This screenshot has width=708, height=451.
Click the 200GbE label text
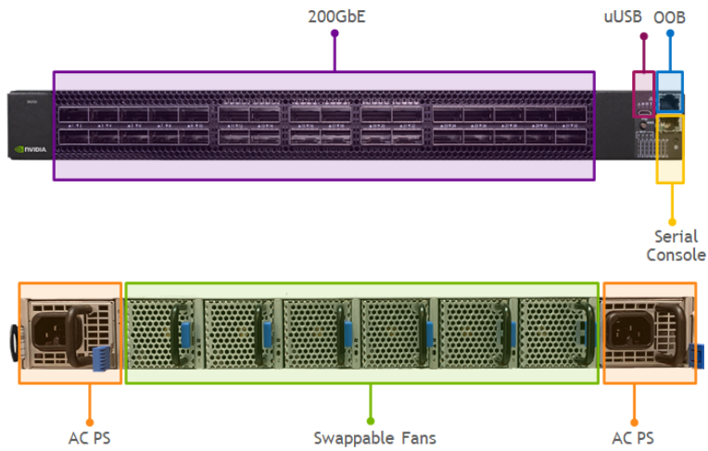point(335,16)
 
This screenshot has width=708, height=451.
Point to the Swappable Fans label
point(373,437)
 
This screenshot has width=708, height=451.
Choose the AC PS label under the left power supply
point(90,437)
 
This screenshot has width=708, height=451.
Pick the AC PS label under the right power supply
point(634,437)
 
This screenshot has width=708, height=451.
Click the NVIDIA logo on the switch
point(31,147)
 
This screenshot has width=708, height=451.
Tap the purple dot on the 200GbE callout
point(335,33)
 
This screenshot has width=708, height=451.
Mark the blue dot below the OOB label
point(669,34)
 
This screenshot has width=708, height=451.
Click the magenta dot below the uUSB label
point(643,36)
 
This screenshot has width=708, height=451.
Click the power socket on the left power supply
point(51,331)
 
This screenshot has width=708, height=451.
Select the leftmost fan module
point(162,333)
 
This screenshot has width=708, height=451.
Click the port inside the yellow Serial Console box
point(669,128)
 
